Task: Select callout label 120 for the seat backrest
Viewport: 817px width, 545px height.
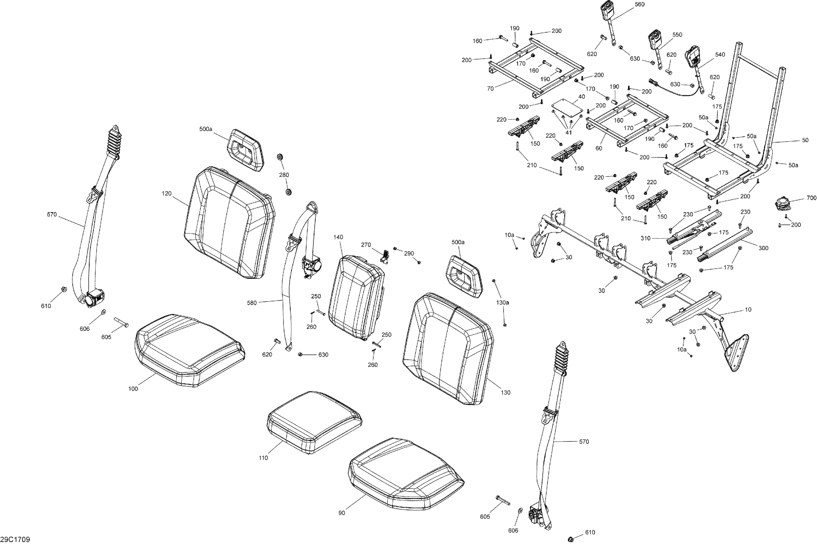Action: pyautogui.click(x=166, y=193)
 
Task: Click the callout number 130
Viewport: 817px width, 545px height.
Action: pyautogui.click(x=506, y=392)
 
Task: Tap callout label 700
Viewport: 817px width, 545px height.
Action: pyautogui.click(x=812, y=198)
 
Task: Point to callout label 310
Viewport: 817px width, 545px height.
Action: pyautogui.click(x=646, y=238)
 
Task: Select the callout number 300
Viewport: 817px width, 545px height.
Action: pyautogui.click(x=763, y=248)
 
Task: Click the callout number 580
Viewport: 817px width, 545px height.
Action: pyautogui.click(x=252, y=303)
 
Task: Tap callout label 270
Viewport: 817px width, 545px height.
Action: pyautogui.click(x=366, y=245)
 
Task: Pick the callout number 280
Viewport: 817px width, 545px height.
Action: pyautogui.click(x=284, y=175)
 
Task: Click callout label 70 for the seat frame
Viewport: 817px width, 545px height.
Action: pyautogui.click(x=490, y=88)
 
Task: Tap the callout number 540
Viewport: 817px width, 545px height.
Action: pyautogui.click(x=720, y=55)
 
